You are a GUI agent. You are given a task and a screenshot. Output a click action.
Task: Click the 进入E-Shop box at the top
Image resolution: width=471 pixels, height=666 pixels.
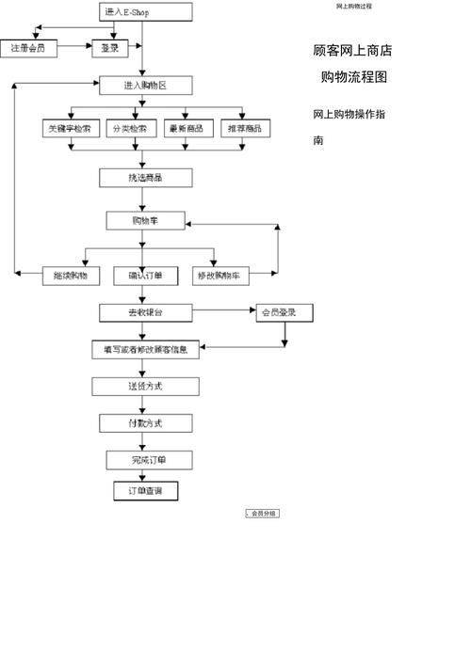146,11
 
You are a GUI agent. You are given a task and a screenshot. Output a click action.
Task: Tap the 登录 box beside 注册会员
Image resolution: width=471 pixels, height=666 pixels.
110,47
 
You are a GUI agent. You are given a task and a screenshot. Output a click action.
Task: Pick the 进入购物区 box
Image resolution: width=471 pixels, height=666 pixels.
146,86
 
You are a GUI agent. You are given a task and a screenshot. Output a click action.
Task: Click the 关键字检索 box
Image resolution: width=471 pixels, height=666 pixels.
72,129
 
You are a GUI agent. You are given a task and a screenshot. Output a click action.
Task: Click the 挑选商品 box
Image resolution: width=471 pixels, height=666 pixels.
146,177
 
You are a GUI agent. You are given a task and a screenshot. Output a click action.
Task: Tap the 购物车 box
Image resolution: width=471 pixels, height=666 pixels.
146,221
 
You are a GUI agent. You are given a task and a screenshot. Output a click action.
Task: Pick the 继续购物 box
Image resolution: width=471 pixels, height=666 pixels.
72,276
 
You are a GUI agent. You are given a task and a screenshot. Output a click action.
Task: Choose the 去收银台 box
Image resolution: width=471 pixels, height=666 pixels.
146,312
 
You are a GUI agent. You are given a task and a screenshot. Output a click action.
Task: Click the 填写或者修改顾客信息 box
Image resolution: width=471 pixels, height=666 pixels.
146,350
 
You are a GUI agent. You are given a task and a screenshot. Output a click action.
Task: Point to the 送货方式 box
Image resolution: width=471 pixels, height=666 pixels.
146,387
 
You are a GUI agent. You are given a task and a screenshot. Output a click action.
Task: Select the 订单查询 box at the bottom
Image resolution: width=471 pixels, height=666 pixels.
145,491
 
